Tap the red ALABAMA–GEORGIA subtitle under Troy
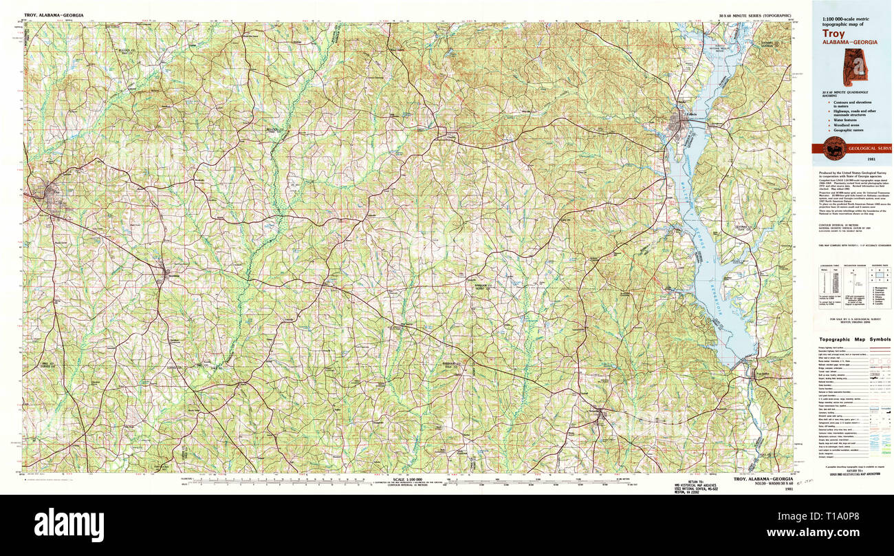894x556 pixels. click(850, 42)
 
